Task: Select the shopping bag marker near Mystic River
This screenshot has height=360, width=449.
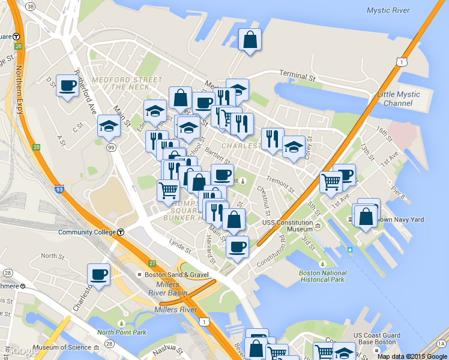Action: pyautogui.click(x=250, y=41)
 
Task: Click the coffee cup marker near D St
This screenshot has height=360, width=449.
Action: pyautogui.click(x=67, y=85)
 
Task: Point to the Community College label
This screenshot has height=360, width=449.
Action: pyautogui.click(x=88, y=232)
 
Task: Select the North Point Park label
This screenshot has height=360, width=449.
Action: pyautogui.click(x=122, y=332)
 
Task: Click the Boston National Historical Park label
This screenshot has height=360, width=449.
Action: pyautogui.click(x=322, y=275)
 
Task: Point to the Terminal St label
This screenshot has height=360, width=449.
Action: pyautogui.click(x=297, y=77)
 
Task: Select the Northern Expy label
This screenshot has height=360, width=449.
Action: pyautogui.click(x=19, y=90)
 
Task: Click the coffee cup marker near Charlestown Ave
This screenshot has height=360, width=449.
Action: pyautogui.click(x=98, y=275)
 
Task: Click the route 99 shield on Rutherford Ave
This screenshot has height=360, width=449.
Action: pyautogui.click(x=110, y=147)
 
